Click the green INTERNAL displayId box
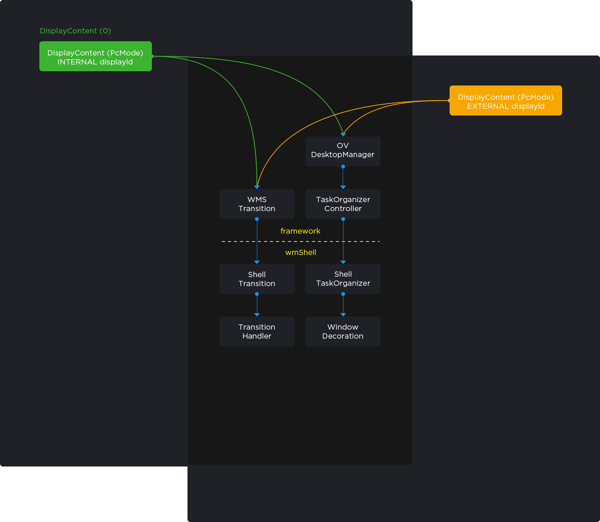[96, 56]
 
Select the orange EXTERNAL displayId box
[506, 100]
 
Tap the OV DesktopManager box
[343, 151]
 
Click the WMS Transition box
[257, 204]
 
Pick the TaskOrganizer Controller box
[343, 204]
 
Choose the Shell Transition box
[257, 279]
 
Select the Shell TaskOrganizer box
[343, 279]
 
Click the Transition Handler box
[257, 331]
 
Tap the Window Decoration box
[343, 331]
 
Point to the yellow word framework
[300, 231]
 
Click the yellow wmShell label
[301, 252]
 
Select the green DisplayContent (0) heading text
[75, 31]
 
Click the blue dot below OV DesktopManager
[343, 166]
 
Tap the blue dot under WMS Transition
[257, 219]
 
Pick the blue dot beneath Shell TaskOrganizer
[343, 294]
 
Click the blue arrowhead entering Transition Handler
[257, 315]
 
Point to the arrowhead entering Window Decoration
[343, 315]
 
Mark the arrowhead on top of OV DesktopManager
[343, 135]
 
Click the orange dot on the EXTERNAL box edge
[449, 100]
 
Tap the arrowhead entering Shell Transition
[257, 262]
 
